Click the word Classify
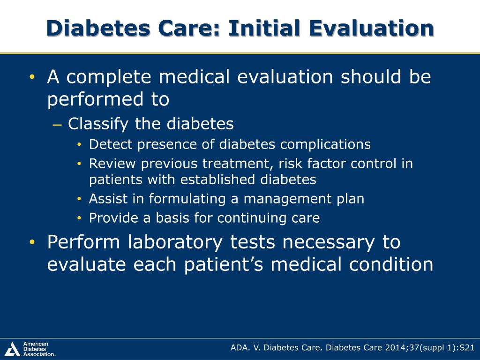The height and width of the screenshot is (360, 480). [98, 124]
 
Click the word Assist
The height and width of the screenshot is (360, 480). [106, 199]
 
